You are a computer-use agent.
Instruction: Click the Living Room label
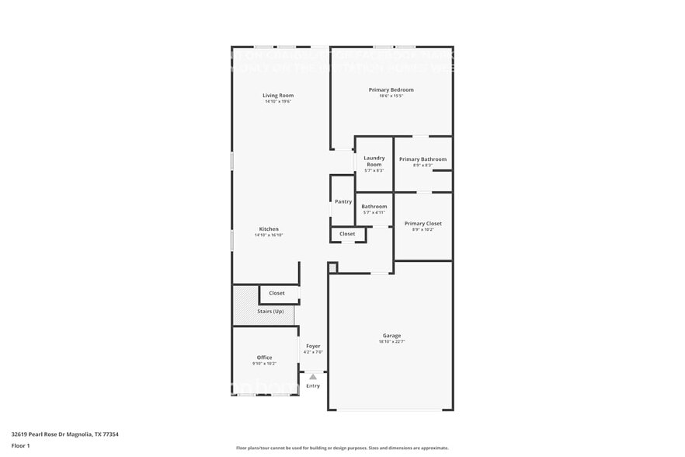[x=277, y=96]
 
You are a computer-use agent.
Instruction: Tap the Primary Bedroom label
[x=391, y=89]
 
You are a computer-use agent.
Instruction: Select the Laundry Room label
[x=374, y=161]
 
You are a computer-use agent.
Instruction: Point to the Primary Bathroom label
[x=422, y=159]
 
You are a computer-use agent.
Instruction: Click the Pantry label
[x=342, y=201]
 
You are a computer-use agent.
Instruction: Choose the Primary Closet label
[x=422, y=223]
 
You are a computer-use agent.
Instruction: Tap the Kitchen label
[x=269, y=228]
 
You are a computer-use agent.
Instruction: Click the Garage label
[x=391, y=335]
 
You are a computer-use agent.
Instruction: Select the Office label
[x=264, y=358]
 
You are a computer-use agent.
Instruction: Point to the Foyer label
[x=313, y=346]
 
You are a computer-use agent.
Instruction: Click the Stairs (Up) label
[x=270, y=311]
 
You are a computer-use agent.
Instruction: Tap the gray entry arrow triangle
[x=313, y=376]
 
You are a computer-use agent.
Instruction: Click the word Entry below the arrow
[x=313, y=385]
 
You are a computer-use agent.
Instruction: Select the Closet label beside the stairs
[x=276, y=293]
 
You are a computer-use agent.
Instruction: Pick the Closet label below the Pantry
[x=347, y=233]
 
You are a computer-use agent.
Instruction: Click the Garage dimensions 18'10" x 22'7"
[x=391, y=341]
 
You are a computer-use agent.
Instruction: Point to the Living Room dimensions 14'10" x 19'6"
[x=277, y=102]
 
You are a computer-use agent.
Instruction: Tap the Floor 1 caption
[x=20, y=445]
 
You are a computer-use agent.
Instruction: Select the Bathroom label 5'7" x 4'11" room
[x=374, y=207]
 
